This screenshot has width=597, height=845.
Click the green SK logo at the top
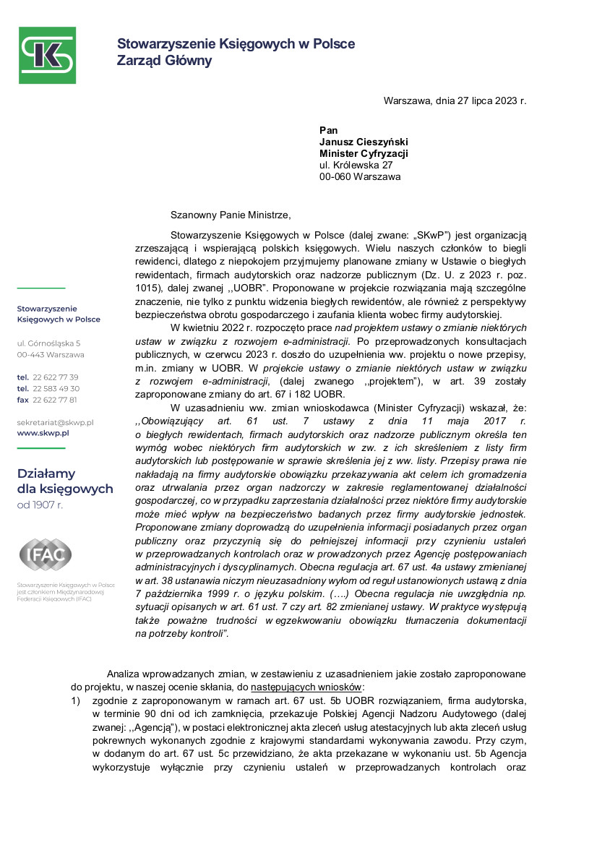47,55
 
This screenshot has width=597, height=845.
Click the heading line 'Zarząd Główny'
164,61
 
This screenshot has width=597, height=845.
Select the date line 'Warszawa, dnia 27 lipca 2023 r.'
455,100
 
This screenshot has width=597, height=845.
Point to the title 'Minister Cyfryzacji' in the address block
364,153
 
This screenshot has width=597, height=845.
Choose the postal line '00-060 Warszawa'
359,176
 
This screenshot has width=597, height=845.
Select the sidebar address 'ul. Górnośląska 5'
49,343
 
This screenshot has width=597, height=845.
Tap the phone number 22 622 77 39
56,377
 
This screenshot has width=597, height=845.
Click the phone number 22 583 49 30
56,388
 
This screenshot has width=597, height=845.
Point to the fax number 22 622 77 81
55,400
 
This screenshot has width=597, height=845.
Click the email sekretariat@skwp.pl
56,421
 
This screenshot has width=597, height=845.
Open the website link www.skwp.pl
43,432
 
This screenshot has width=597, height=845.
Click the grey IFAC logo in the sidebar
45,555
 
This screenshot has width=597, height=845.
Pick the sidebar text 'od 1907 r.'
40,505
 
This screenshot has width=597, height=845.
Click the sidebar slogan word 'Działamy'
46,473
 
